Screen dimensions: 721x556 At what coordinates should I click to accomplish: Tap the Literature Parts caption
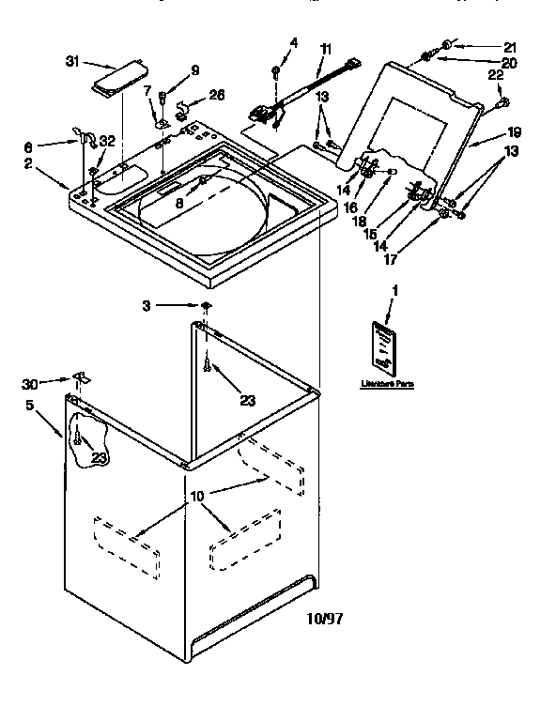coord(386,384)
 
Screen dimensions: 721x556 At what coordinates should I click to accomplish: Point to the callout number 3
coord(147,305)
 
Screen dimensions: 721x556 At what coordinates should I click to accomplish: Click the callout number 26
coord(216,94)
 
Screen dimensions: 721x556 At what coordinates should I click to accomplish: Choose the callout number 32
coord(108,141)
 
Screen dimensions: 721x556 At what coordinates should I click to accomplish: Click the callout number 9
coord(194,69)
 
